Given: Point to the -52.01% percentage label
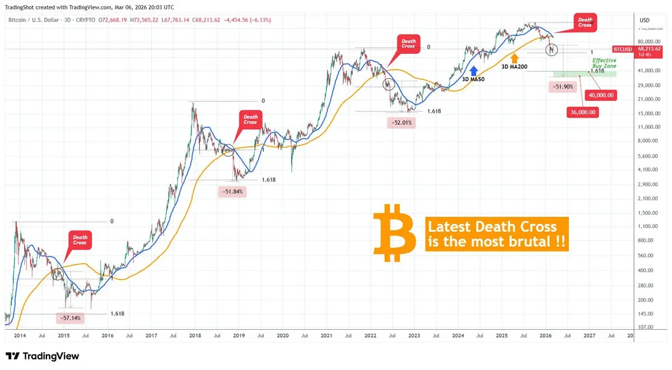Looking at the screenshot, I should click(400, 122).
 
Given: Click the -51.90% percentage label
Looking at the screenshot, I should click(563, 87).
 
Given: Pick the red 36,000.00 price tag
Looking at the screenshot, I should click(582, 112).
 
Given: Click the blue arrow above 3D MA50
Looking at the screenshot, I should click(473, 70).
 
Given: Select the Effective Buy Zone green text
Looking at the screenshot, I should click(604, 63).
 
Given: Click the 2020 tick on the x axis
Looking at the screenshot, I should click(283, 335).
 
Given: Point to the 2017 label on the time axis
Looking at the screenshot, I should click(151, 335).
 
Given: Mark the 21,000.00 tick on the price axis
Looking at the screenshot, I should click(647, 99).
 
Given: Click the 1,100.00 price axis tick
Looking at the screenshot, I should click(647, 226).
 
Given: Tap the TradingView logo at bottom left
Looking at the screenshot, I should click(43, 356).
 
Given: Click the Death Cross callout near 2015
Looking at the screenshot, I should click(80, 240).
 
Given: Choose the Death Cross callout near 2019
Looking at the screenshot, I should click(250, 119).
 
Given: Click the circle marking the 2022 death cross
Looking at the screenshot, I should click(388, 85).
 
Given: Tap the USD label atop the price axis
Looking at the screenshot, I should click(644, 20).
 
